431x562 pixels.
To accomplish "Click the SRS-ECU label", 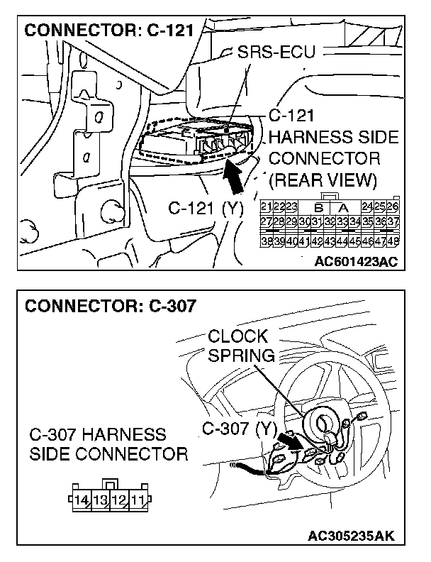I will tap(276, 53).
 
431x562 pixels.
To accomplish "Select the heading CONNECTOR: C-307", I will tap(110, 307).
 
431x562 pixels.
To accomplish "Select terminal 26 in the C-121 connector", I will tap(392, 206).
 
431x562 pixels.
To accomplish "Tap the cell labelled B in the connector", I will tap(318, 207).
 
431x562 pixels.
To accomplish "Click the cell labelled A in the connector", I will tap(342, 207).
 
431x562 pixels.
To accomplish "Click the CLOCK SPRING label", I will tap(238, 346).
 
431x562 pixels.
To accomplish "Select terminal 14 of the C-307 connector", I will tap(82, 500).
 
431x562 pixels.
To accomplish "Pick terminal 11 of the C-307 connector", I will tap(137, 500).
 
